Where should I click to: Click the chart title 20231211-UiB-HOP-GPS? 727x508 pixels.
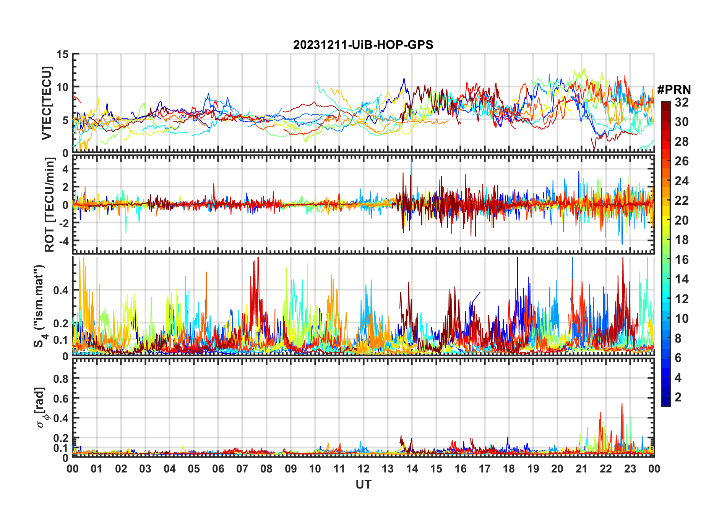point(363,45)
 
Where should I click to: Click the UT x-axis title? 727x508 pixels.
point(363,485)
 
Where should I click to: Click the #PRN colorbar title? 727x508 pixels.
point(674,90)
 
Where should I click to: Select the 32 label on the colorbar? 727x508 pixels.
point(682,102)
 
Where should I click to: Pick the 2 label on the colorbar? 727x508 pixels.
point(678,397)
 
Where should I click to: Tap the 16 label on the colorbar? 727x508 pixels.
point(682,260)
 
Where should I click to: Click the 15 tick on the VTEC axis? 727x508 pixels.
point(63,54)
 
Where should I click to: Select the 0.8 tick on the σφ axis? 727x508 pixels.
point(61,379)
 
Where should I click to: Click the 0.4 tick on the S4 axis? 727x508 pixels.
point(61,290)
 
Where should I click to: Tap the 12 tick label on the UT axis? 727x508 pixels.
point(363,469)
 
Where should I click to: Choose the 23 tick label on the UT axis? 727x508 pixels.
point(630,469)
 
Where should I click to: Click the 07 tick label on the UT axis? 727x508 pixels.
point(242,469)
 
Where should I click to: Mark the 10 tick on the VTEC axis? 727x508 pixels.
point(63,87)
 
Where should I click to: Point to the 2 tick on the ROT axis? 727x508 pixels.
point(65,187)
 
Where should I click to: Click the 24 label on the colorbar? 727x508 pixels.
point(682,181)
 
